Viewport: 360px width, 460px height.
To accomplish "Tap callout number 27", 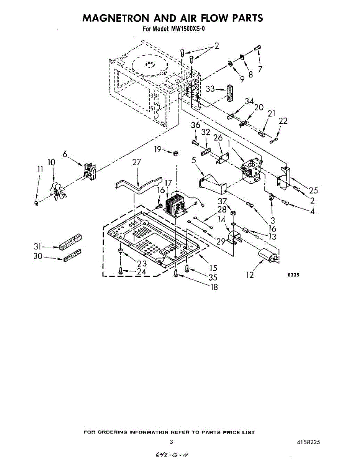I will point(137,163).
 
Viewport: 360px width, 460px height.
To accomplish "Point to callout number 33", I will point(210,89).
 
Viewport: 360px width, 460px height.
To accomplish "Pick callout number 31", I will point(37,247).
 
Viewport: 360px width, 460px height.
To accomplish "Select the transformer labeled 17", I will point(175,203).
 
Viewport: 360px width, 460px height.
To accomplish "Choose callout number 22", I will point(283,121).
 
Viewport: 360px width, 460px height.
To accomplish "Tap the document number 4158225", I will point(308,442).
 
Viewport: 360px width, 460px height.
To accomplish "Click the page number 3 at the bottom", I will point(172,442).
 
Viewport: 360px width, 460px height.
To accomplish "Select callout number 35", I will point(213,277).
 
